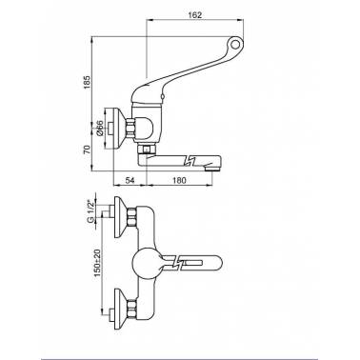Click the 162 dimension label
195,15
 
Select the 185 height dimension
87,82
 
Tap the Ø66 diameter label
99,128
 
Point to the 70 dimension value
87,149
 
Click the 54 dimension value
130,180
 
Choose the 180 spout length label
179,180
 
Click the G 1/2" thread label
91,210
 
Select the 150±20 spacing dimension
97,262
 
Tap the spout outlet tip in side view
212,169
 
